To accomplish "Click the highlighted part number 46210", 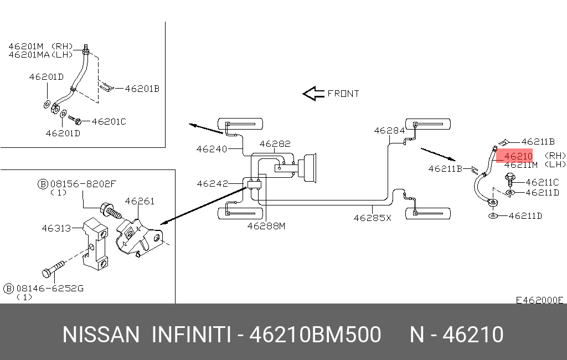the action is (x=518, y=156).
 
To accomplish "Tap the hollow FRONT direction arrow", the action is (x=313, y=94).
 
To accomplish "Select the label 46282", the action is (x=275, y=143).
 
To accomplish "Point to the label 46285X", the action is (x=373, y=218).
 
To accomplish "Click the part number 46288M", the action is (x=266, y=226).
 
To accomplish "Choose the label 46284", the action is (x=389, y=131).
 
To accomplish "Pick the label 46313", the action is (x=56, y=228).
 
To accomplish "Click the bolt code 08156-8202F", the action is (x=83, y=184).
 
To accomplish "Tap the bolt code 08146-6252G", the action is (x=50, y=289).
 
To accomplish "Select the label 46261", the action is (x=140, y=201).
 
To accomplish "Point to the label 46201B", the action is (x=142, y=89).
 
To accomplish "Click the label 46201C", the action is (x=109, y=121).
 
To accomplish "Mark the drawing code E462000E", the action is (x=539, y=300).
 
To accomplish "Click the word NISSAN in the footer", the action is (x=101, y=335).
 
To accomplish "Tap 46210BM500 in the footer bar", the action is (x=315, y=335).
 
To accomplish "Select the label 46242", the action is (x=212, y=184).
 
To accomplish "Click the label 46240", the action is (x=212, y=149).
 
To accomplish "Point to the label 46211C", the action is (x=543, y=182).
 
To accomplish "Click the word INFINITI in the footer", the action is (x=191, y=335).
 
